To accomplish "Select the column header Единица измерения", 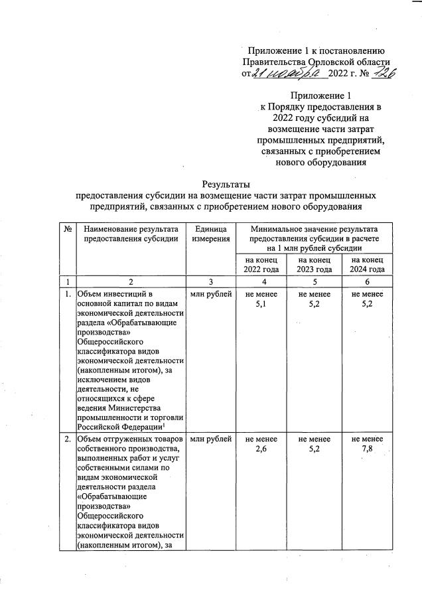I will pyautogui.click(x=211, y=234).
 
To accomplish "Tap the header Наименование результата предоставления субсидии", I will pyautogui.click(x=131, y=234).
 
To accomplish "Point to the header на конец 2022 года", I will pyautogui.click(x=261, y=264).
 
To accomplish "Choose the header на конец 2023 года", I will pyautogui.click(x=315, y=264).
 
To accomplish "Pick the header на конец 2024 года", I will pyautogui.click(x=368, y=264).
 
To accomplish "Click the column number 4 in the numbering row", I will pyautogui.click(x=261, y=281).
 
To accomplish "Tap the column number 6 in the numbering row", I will pyautogui.click(x=368, y=281).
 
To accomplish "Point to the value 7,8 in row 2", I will pyautogui.click(x=368, y=449).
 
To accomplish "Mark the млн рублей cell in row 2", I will pyautogui.click(x=211, y=439).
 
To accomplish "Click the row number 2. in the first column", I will pyautogui.click(x=68, y=439).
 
